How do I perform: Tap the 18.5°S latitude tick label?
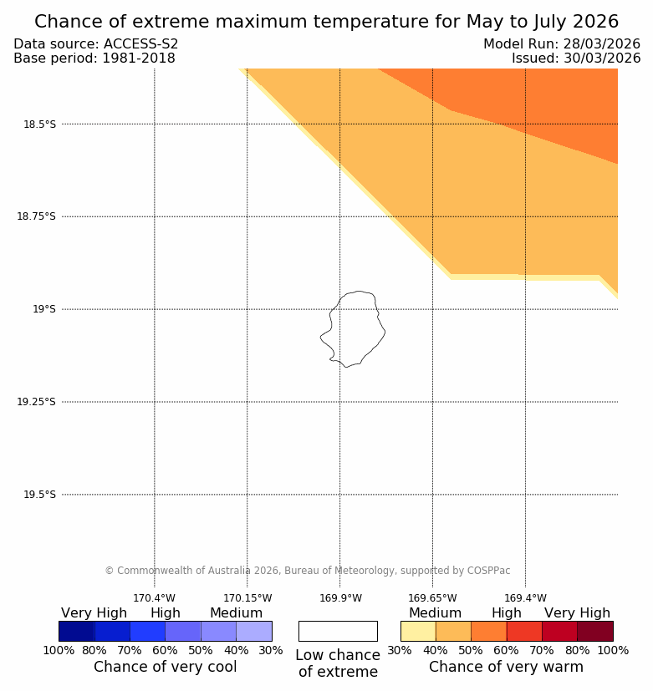pyautogui.click(x=39, y=124)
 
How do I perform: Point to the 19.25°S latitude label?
pyautogui.click(x=36, y=402)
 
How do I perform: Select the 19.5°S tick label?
pyautogui.click(x=39, y=495)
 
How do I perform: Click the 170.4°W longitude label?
pyautogui.click(x=154, y=598)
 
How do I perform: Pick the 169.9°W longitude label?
pyautogui.click(x=340, y=598)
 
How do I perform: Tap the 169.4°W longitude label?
pyautogui.click(x=525, y=598)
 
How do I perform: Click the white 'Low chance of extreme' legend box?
pyautogui.click(x=338, y=631)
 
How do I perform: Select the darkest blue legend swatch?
pyautogui.click(x=76, y=631)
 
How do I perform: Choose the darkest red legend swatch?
pyautogui.click(x=594, y=631)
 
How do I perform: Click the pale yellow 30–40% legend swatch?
pyautogui.click(x=418, y=631)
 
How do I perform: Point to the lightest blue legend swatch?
pyautogui.click(x=253, y=631)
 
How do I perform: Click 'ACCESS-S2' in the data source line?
pyautogui.click(x=140, y=44)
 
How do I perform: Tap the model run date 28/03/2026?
pyautogui.click(x=599, y=44)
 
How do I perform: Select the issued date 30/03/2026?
pyautogui.click(x=599, y=58)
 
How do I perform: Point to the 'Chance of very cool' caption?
pyautogui.click(x=165, y=667)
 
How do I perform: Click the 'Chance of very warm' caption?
pyautogui.click(x=506, y=667)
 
